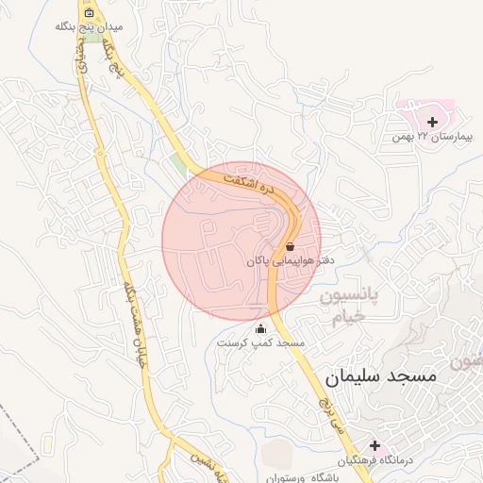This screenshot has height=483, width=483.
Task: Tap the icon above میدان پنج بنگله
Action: (89, 13)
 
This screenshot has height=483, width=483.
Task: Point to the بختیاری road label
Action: (81, 66)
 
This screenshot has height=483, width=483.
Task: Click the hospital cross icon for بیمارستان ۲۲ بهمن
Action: (433, 122)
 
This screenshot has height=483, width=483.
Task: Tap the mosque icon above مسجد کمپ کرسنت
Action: (261, 328)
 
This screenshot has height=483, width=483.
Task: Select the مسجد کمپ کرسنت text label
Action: (258, 343)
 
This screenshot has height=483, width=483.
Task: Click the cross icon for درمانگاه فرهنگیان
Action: (375, 444)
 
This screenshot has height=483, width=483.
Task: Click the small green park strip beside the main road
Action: (179, 165)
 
